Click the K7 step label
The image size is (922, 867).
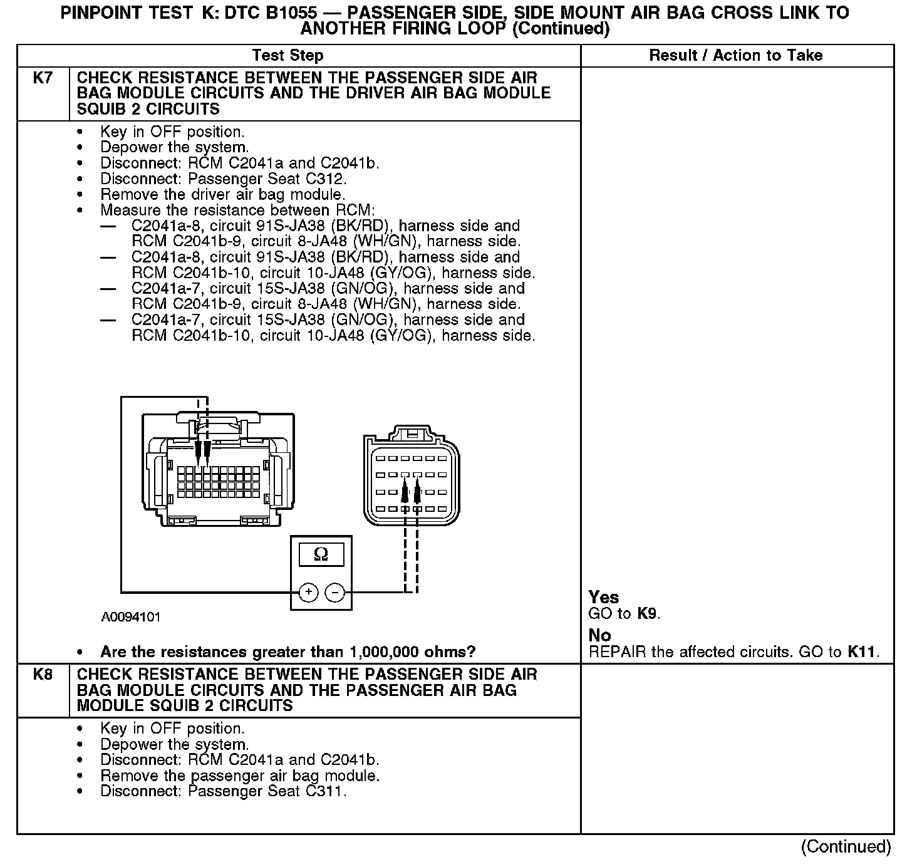43,78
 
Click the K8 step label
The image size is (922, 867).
43,675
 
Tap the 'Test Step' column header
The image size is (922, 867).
287,56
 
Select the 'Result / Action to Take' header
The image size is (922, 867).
735,56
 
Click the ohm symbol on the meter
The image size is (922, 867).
321,554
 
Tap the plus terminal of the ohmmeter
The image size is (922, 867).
308,592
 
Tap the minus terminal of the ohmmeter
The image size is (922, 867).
336,592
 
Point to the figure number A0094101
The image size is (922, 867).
131,617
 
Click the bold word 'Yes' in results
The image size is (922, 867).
604,598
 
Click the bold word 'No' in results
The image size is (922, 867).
599,636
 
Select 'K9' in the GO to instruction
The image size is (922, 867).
647,614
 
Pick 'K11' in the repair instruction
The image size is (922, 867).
861,652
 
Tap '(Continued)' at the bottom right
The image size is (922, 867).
846,847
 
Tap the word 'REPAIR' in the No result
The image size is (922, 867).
617,652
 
